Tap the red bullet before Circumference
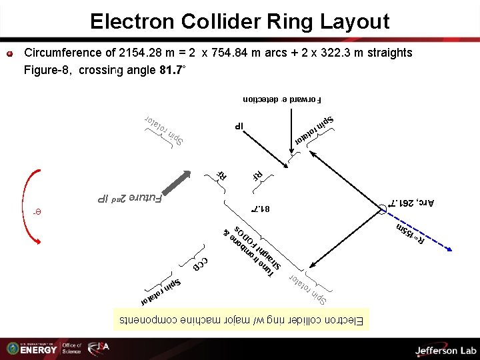[x=10, y=53]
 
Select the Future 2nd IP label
[x=130, y=197]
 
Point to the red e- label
[x=37, y=213]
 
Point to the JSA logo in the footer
[x=99, y=349]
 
